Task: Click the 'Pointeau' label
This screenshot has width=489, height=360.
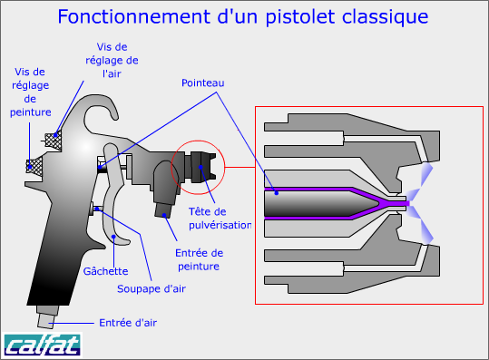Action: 202,83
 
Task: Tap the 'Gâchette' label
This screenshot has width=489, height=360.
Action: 106,271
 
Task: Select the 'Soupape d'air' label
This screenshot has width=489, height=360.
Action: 152,289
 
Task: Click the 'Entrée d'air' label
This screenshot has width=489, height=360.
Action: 128,323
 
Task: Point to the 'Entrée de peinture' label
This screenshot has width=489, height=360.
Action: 199,259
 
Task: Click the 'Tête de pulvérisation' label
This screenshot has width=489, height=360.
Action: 220,219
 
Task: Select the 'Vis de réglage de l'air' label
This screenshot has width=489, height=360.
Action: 112,60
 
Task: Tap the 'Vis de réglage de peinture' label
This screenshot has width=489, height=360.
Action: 30,92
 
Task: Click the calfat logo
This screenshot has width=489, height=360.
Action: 43,345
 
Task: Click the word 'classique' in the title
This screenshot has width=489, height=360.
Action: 385,16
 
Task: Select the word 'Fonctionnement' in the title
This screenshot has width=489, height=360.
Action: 133,16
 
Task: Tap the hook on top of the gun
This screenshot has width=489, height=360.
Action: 99,106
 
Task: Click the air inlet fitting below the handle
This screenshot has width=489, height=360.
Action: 47,316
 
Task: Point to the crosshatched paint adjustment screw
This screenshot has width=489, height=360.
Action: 34,167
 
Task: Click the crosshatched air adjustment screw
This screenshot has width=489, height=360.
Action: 53,140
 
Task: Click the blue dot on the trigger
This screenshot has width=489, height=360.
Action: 113,237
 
